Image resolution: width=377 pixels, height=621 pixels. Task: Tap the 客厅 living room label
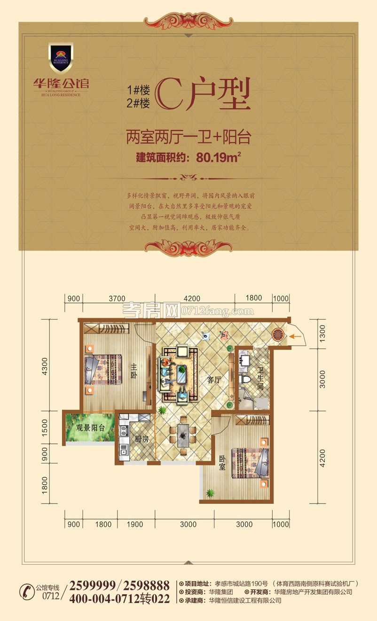(x=214, y=380)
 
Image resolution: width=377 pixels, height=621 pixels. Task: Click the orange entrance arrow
(x=295, y=336)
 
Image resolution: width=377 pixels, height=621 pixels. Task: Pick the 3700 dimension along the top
(x=117, y=298)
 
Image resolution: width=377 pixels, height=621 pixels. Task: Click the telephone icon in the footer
(x=27, y=592)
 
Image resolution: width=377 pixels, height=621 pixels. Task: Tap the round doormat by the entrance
(x=278, y=335)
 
